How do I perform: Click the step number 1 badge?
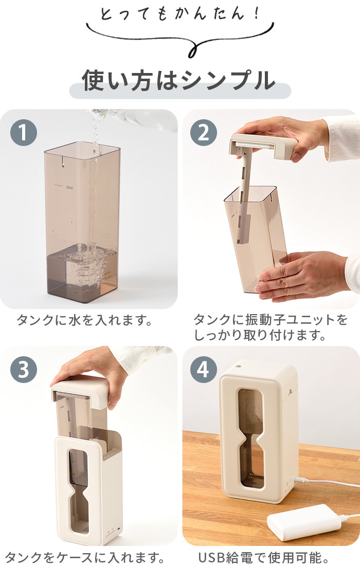tap(24, 133)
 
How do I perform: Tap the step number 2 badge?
tap(204, 133)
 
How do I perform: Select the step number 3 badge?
tap(24, 370)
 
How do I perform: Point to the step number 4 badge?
tap(204, 370)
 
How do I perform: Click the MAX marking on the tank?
tap(70, 188)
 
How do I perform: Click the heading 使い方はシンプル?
tap(179, 80)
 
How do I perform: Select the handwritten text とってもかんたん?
tap(179, 14)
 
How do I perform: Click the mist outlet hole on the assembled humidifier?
tap(238, 366)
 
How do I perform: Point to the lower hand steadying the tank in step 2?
tap(303, 275)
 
